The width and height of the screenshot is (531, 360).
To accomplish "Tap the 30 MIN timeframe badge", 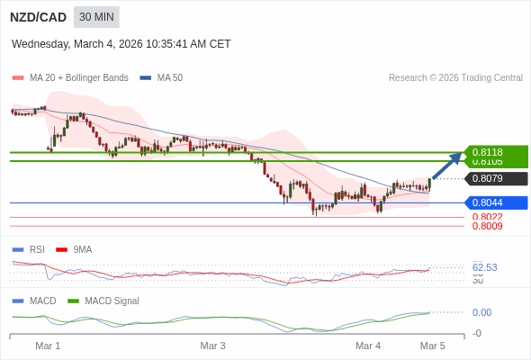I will coord(96,17).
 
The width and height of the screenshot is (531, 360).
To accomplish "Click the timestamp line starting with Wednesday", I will coord(121,43).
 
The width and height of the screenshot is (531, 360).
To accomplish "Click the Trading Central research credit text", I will coord(455,77).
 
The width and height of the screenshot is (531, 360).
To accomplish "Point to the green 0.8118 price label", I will coord(495,152).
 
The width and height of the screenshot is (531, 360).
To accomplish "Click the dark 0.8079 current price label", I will coord(495,178).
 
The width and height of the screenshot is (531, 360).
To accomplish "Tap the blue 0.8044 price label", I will coord(495,202).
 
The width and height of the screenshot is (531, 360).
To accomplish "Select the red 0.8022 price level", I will coord(487,217).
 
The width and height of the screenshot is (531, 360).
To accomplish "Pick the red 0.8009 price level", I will coord(487,226).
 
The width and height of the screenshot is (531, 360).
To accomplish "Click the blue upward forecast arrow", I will coord(446,166).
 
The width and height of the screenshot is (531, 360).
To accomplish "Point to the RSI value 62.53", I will coord(485,267).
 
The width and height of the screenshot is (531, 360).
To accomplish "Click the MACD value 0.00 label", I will coord(481,312).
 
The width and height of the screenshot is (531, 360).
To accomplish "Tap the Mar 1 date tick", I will coord(48,346).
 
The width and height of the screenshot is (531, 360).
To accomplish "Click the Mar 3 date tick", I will coord(212,346).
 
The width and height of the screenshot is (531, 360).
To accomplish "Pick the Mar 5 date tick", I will coord(433,346).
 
